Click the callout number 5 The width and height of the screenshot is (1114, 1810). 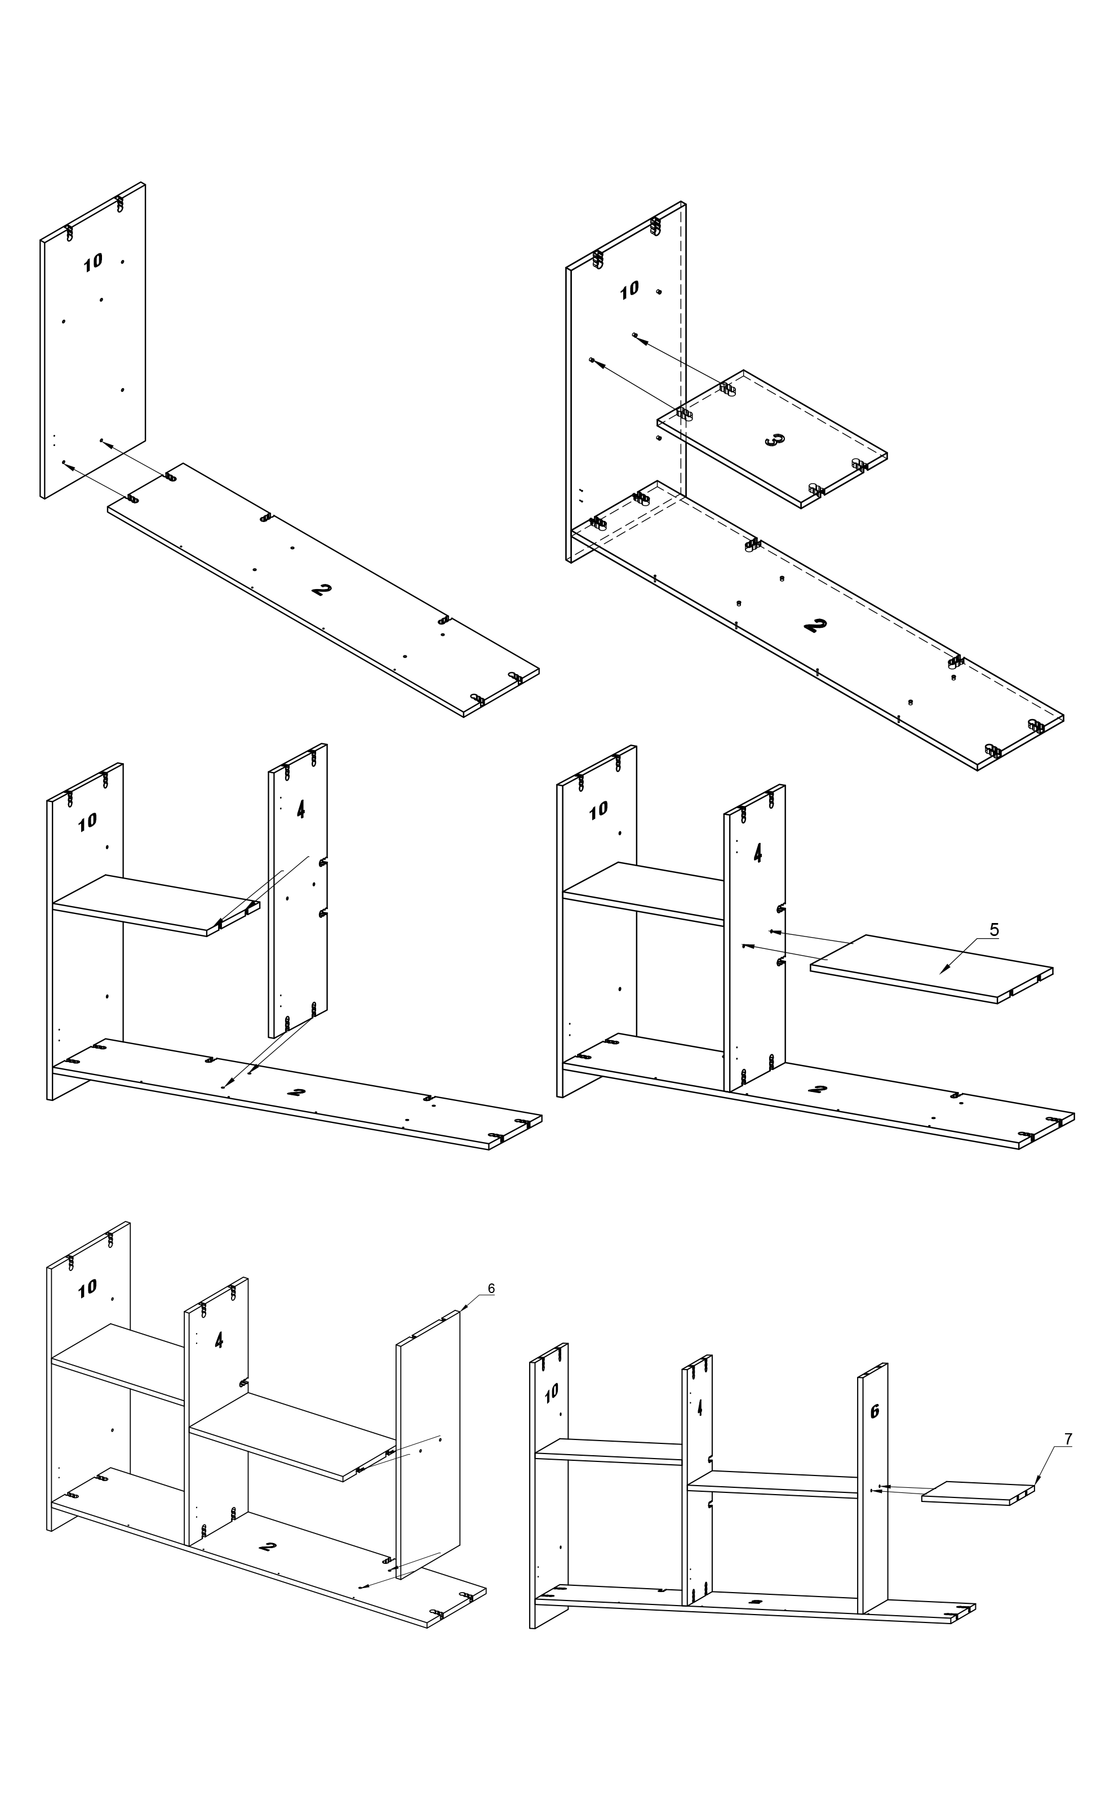[x=994, y=930]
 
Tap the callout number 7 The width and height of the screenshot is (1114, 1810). [x=1068, y=1439]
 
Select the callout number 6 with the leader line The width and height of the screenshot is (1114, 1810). [x=491, y=1289]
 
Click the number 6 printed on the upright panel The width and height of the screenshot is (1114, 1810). [x=875, y=1412]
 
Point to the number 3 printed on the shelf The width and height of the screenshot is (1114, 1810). [x=774, y=440]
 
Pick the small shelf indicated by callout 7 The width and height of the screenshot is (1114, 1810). [x=978, y=1492]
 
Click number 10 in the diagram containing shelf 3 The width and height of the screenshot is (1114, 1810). [x=630, y=290]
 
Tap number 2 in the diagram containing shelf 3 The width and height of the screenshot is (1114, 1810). [x=815, y=625]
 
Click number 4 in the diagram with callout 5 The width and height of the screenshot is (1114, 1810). [x=758, y=853]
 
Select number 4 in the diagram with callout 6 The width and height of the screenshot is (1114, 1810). [x=219, y=1340]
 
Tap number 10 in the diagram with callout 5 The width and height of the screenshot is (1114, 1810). [x=598, y=810]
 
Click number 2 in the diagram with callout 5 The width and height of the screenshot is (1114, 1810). [x=817, y=1089]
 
